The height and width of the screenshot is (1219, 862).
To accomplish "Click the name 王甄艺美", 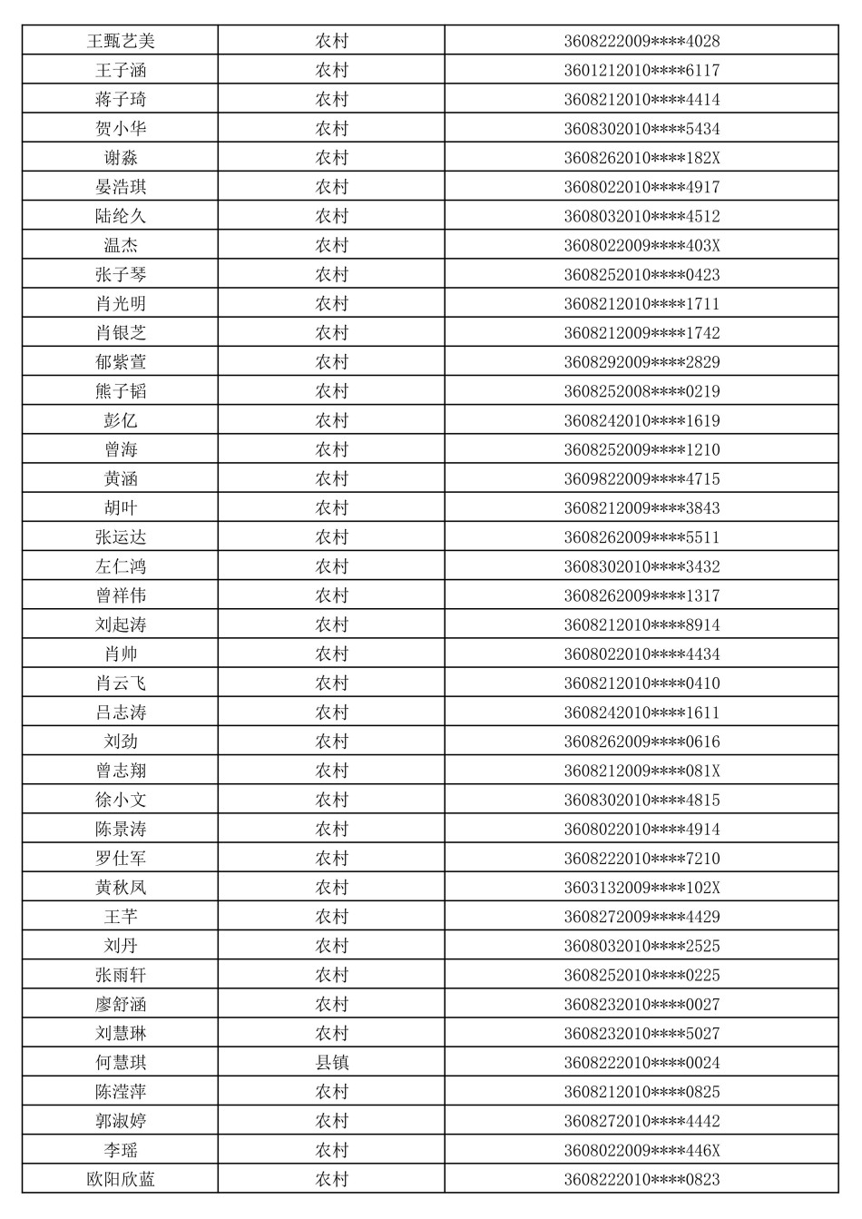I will (x=121, y=41).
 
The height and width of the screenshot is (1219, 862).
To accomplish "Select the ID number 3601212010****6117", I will (x=642, y=70).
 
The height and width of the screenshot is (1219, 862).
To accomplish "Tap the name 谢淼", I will (x=121, y=158).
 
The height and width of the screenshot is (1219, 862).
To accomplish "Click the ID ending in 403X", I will (x=642, y=245).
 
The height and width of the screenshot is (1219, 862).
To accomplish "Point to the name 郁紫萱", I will (x=121, y=362).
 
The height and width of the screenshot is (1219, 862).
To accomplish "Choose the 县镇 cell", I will (x=331, y=1062).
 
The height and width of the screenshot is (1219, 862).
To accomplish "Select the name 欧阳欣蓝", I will (x=121, y=1179).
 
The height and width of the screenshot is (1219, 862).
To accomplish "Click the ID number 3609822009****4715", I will (x=642, y=478).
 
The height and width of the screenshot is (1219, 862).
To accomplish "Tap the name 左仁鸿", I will (x=121, y=566).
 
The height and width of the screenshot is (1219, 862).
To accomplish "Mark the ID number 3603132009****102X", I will (x=642, y=887).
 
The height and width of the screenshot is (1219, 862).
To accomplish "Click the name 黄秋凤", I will (x=121, y=887).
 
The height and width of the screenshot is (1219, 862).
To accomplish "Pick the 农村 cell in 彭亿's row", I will (x=331, y=420).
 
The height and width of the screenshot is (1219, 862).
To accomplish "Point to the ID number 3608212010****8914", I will (x=642, y=624).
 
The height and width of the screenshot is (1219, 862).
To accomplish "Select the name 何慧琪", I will (x=121, y=1062).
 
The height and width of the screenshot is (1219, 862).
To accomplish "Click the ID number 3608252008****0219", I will (x=642, y=391).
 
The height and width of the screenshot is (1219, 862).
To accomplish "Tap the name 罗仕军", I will (x=121, y=858).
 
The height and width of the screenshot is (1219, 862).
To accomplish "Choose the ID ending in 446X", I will (x=642, y=1150).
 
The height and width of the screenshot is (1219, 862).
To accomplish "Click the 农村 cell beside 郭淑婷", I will (x=331, y=1121).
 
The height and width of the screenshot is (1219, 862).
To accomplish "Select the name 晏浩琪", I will (x=121, y=187).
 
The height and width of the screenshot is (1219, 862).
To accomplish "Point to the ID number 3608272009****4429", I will (x=642, y=917).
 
